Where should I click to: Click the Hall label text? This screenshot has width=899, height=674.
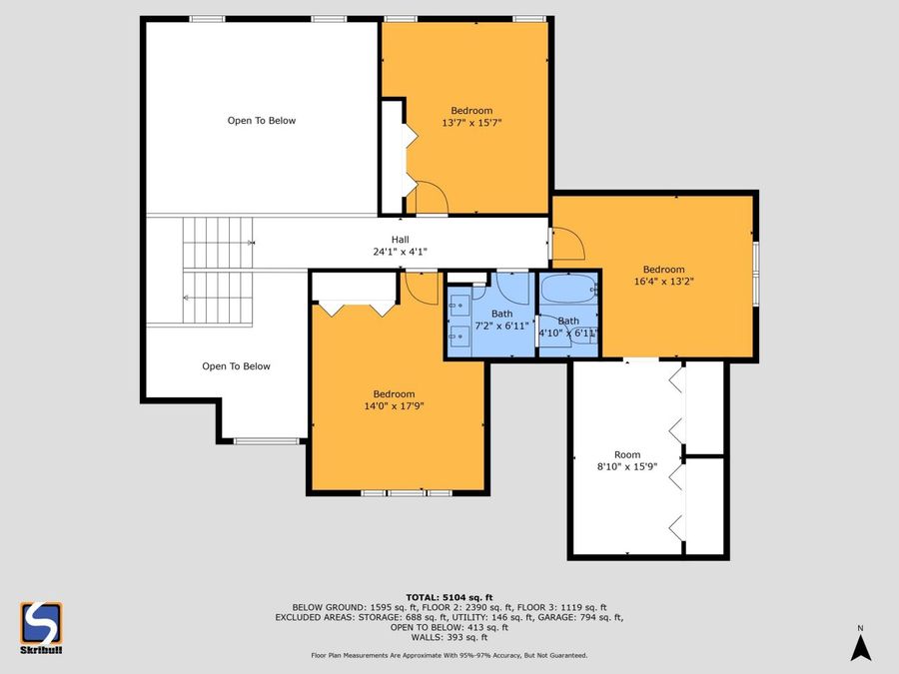[x=400, y=240]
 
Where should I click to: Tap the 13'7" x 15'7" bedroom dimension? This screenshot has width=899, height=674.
[x=471, y=123]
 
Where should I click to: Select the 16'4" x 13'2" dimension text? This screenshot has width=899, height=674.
[x=663, y=282]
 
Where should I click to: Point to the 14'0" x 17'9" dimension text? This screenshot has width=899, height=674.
[x=394, y=406]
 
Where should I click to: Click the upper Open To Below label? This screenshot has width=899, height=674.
[x=262, y=121]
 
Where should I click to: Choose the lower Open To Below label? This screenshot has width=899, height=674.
[x=236, y=366]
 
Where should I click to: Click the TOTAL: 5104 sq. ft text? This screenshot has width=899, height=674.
[x=449, y=596]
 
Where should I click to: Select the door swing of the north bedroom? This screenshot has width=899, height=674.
[x=432, y=197]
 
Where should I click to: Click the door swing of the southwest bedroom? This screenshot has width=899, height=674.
[x=423, y=287]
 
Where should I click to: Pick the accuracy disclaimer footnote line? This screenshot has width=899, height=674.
[x=449, y=655]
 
